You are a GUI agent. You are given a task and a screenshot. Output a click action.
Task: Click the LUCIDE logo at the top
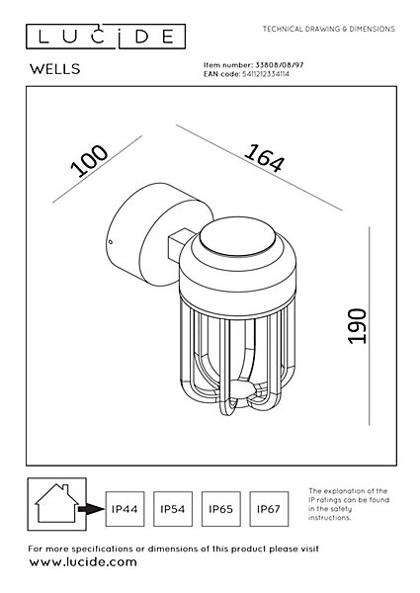(106, 37)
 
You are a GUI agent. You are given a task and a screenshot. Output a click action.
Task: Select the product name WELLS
(55, 69)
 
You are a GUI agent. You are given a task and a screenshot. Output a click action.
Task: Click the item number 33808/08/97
(280, 65)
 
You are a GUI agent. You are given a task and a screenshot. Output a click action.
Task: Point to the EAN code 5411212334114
(265, 74)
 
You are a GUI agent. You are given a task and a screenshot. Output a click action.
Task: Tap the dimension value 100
(89, 160)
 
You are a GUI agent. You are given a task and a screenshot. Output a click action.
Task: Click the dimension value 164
(264, 158)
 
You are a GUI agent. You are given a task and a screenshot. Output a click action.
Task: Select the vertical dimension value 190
(357, 326)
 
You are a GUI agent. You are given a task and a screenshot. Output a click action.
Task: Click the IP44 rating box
(125, 509)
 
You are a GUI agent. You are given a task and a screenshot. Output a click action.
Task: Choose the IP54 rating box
(173, 509)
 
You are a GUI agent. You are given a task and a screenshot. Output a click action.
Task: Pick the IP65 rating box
(220, 509)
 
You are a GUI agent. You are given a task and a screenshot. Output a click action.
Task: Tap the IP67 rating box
(269, 509)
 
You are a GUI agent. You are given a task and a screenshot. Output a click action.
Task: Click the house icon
(56, 503)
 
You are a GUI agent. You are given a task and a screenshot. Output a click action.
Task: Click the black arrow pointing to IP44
(91, 509)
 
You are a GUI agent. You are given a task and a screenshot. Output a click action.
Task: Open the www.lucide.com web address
(83, 562)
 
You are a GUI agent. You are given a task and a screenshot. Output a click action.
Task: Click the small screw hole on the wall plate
(111, 242)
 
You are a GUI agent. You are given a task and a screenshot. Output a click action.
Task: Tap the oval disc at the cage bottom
(242, 388)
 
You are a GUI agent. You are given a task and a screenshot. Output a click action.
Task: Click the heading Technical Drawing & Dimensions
(329, 29)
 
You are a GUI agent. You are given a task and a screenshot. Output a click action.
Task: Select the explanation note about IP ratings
(349, 504)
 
